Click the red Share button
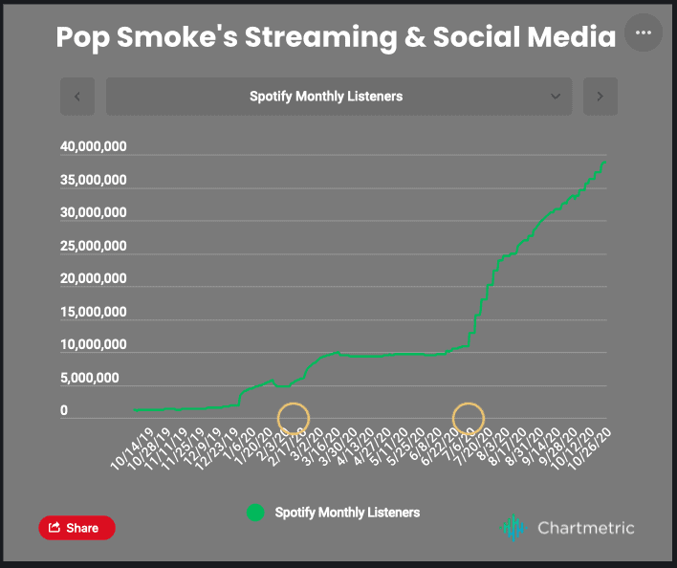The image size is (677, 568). [x=76, y=528]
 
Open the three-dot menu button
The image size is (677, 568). [x=643, y=33]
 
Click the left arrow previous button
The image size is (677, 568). [x=77, y=97]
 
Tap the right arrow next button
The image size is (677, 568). [x=601, y=97]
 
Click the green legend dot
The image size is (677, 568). [x=255, y=513]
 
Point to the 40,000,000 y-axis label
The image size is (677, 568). [x=93, y=147]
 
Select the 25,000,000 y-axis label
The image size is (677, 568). [x=93, y=246]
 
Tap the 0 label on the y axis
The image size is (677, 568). [x=64, y=411]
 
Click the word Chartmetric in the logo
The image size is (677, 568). [x=585, y=527]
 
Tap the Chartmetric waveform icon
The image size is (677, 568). [x=514, y=527]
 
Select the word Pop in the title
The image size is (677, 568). [x=79, y=37]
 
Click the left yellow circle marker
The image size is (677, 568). [x=294, y=418]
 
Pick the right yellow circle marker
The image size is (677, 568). [x=469, y=418]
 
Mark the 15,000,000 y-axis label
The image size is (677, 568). [x=93, y=312]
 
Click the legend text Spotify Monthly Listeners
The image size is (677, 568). [x=347, y=513]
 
